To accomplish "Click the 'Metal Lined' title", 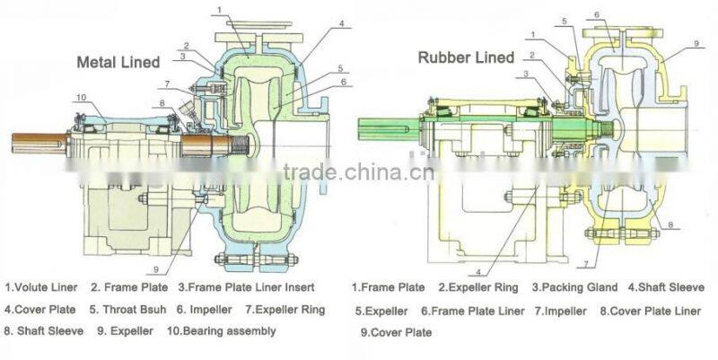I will pyautogui.click(x=118, y=62).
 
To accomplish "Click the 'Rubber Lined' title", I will pyautogui.click(x=466, y=57).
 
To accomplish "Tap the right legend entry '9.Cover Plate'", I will pyautogui.click(x=396, y=332).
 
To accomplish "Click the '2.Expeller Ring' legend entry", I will pyautogui.click(x=474, y=287).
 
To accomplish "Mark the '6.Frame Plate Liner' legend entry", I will pyautogui.click(x=472, y=312).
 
